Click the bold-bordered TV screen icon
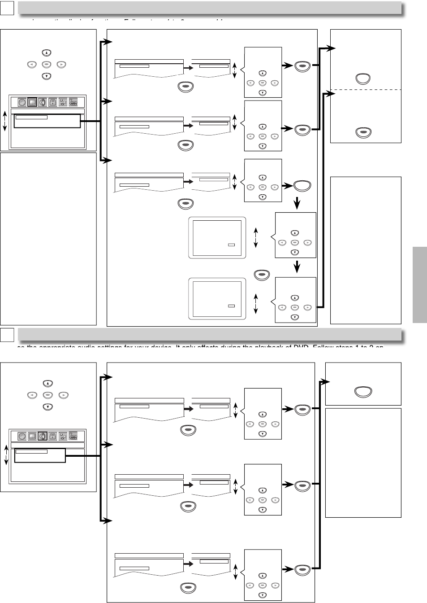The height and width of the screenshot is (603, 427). (32, 102)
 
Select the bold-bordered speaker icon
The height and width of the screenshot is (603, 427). (43, 436)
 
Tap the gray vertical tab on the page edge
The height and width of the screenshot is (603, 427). (419, 284)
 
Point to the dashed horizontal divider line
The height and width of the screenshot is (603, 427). (366, 90)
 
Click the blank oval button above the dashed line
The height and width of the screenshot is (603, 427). (363, 79)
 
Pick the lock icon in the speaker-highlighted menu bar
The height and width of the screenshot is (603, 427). (53, 436)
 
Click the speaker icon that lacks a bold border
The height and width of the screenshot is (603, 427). (43, 102)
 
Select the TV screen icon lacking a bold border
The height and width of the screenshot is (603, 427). (32, 436)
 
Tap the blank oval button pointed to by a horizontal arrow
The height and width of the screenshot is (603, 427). (302, 186)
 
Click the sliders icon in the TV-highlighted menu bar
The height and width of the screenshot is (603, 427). (63, 102)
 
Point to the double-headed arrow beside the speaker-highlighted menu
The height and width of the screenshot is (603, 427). (6, 455)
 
